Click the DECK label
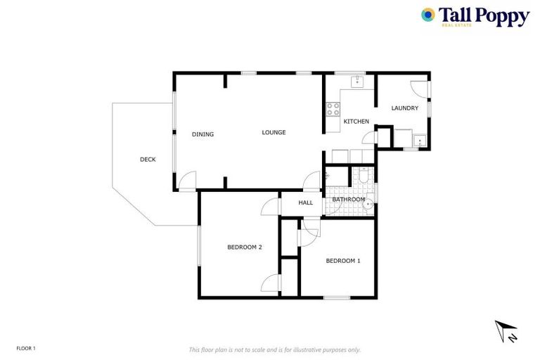tap(148, 160)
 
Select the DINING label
tap(203, 134)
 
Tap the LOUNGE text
tap(274, 132)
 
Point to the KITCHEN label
tap(356, 122)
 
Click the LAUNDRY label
tap(405, 108)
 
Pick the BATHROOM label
tap(349, 200)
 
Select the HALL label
tap(306, 202)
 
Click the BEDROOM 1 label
tap(343, 261)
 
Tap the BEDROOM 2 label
tap(245, 247)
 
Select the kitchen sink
tap(356, 81)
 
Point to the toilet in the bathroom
tap(363, 176)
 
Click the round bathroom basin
tap(368, 205)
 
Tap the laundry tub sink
tap(420, 141)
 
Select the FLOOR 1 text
tap(26, 348)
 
